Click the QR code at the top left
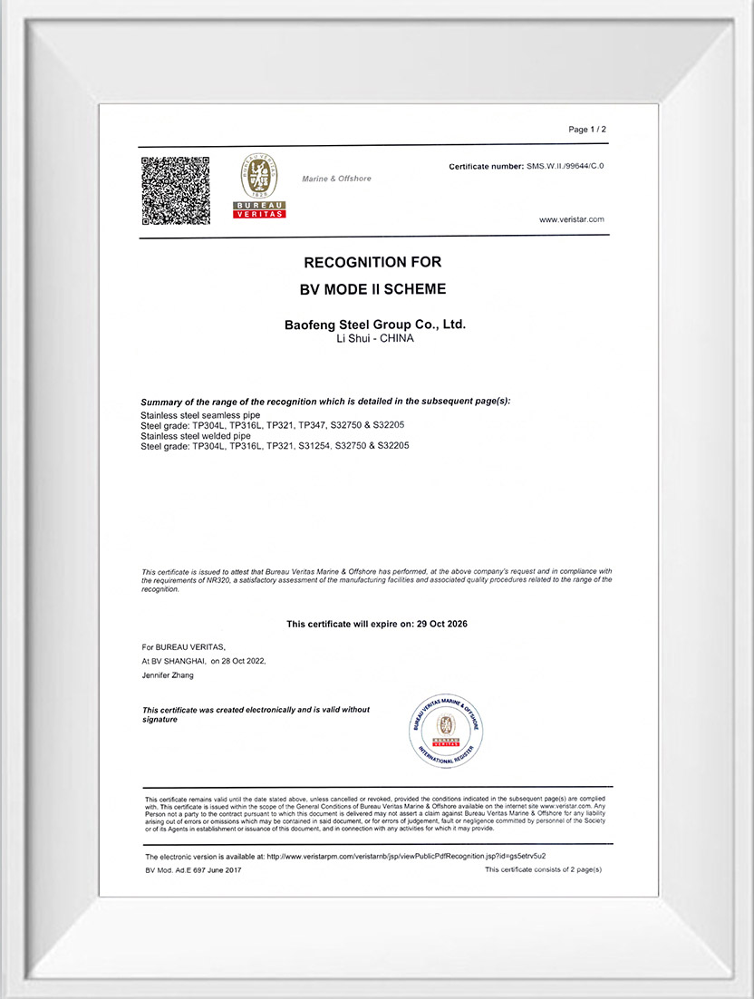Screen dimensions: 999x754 point(176,191)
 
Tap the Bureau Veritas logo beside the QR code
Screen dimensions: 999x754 point(260,186)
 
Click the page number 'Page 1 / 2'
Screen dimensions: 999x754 point(587,130)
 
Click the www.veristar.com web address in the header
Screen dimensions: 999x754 point(571,219)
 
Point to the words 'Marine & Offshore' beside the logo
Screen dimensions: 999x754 point(336,179)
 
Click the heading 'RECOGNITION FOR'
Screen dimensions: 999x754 point(372,262)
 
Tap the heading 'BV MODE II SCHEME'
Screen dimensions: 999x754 point(372,290)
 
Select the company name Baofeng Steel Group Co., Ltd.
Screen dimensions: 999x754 point(375,324)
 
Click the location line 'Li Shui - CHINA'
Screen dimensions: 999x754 point(374,338)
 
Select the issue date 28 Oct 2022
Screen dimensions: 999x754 point(244,661)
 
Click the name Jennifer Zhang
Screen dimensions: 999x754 point(168,675)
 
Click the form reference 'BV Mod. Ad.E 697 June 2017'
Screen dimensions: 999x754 point(193,870)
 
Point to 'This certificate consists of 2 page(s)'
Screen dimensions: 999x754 point(543,870)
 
